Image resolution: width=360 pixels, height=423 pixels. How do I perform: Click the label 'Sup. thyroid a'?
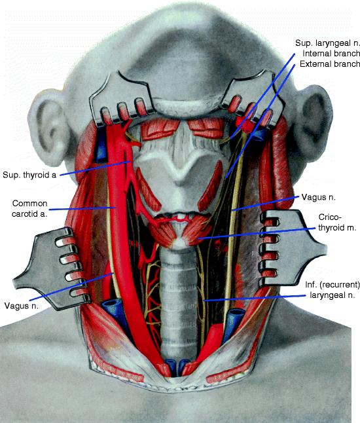click(29, 175)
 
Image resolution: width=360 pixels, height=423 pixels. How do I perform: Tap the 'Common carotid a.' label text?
click(29, 208)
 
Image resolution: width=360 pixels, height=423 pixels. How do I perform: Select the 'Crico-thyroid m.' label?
click(337, 223)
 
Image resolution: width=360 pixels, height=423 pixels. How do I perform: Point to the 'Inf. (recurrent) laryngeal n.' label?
click(333, 290)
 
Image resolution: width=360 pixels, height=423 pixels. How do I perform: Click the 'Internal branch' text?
click(331, 54)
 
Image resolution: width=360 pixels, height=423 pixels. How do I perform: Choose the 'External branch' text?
click(330, 64)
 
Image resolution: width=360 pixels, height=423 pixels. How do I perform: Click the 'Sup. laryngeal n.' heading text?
click(327, 43)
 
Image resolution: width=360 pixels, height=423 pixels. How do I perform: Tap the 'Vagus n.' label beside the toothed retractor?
click(319, 198)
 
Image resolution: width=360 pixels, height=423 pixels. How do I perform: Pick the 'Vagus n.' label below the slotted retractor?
click(22, 306)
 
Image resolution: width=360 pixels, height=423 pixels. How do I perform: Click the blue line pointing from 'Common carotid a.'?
click(82, 208)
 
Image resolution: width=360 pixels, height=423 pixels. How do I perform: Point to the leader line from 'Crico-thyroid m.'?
click(256, 233)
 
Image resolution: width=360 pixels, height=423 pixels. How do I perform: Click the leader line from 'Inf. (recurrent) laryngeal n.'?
click(255, 298)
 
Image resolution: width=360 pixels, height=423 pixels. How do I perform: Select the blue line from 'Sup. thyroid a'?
click(95, 168)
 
